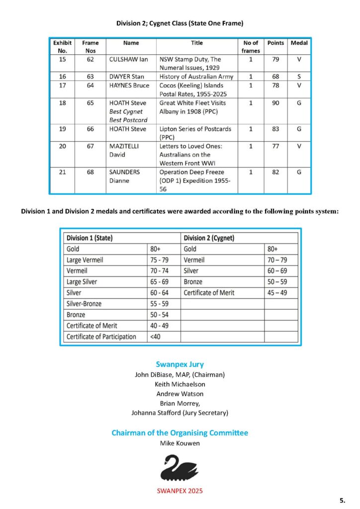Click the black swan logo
click(x=180, y=468)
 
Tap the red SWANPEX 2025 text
click(x=180, y=491)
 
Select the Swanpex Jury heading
click(x=180, y=364)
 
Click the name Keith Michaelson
click(x=180, y=384)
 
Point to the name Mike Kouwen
click(x=180, y=443)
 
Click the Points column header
click(x=275, y=43)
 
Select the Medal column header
click(x=299, y=43)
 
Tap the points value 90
click(x=275, y=103)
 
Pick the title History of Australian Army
click(x=196, y=77)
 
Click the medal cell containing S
click(x=299, y=77)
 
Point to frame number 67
click(x=90, y=146)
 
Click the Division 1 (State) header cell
click(x=90, y=238)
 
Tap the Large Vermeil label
click(x=85, y=260)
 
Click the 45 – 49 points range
click(x=276, y=293)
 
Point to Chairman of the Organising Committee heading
click(x=180, y=432)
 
